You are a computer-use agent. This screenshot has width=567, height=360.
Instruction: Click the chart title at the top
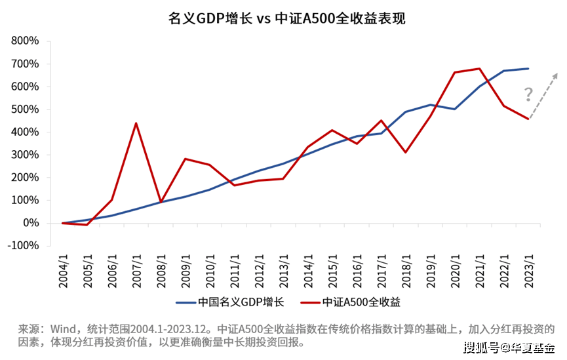(283, 18)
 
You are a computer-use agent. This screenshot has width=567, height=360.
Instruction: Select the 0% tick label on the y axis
(31, 224)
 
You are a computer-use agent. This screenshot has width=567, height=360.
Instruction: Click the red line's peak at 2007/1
(136, 123)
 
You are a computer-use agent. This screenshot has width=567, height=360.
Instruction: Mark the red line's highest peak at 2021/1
(480, 68)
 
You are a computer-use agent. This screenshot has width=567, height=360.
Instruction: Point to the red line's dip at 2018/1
(406, 152)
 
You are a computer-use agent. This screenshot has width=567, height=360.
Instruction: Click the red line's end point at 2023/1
(528, 119)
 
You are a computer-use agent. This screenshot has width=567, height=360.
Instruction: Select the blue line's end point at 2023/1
(528, 68)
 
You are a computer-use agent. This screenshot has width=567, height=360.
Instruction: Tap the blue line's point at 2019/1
(431, 105)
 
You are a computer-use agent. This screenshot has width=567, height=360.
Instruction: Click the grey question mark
(528, 95)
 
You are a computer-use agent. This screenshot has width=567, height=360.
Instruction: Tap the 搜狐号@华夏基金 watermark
(509, 347)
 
